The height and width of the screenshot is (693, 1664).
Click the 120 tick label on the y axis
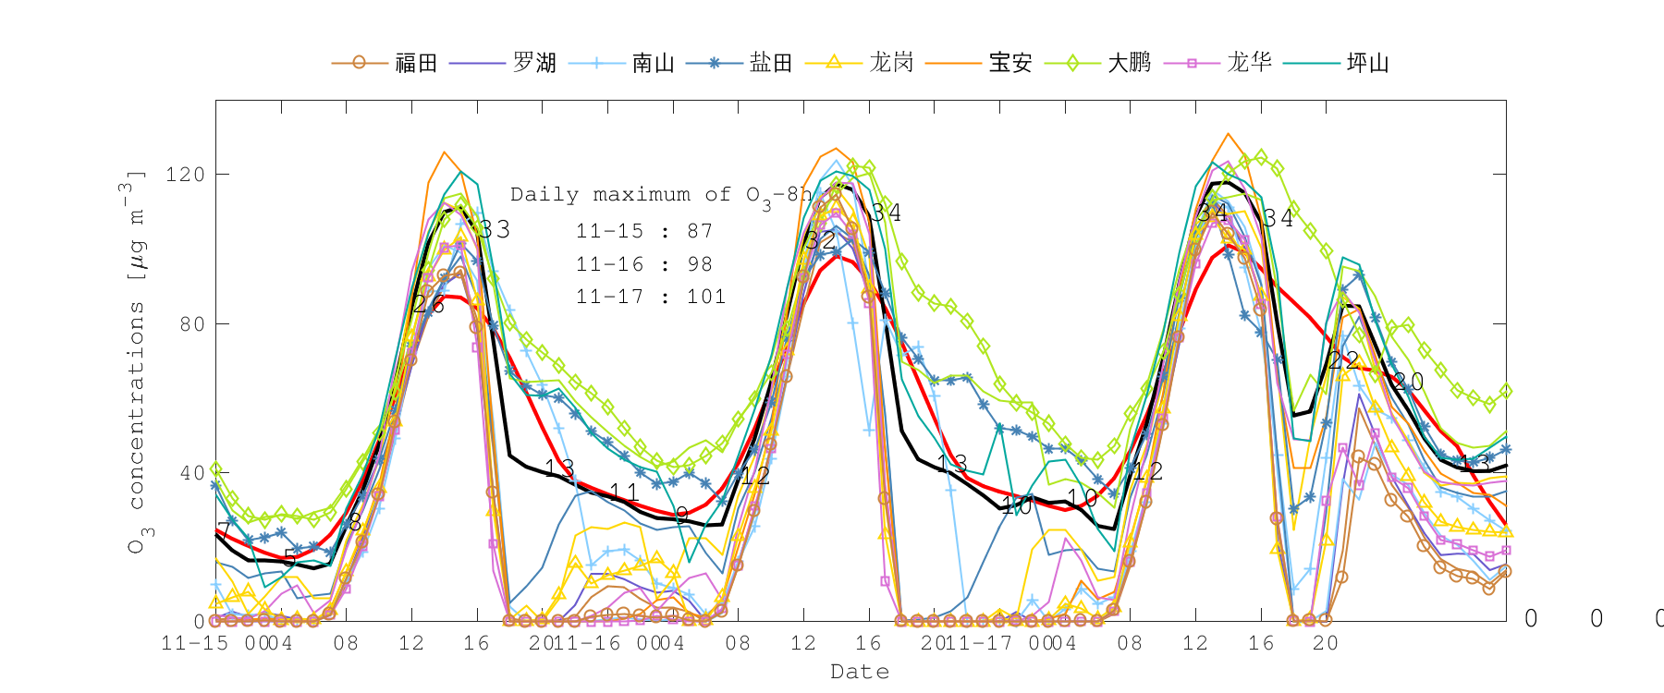point(184,175)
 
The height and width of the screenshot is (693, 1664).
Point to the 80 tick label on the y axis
point(190,324)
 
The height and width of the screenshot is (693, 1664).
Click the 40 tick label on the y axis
point(190,473)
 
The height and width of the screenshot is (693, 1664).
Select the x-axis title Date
point(860,672)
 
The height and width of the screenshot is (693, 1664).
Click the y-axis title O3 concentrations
point(135,360)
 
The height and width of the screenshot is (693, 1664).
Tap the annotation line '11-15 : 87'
point(644,231)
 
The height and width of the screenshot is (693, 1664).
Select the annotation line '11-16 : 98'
point(644,264)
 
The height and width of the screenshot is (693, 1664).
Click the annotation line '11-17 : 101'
point(651,297)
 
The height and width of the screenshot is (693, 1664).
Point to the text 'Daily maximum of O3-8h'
point(661,195)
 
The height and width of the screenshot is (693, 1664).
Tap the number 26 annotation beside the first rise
point(428,304)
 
